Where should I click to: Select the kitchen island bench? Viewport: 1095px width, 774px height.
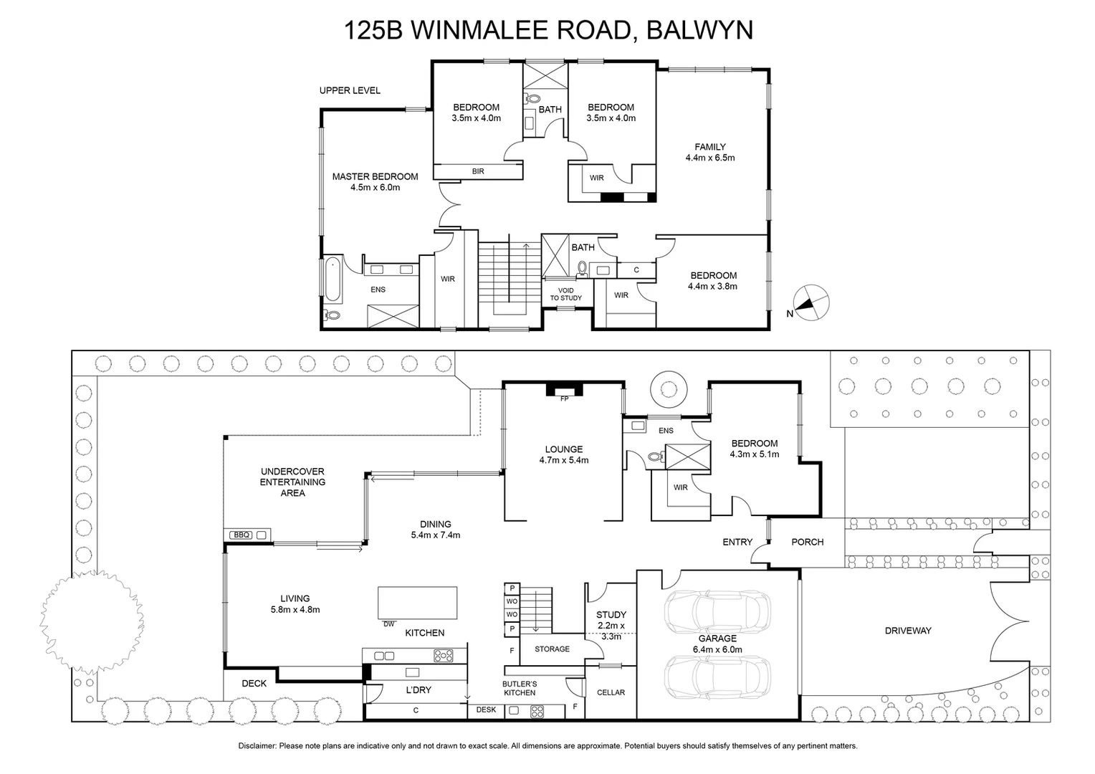417,602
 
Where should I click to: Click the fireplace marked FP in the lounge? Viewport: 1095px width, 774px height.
564,391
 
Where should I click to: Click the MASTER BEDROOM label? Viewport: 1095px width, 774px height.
375,176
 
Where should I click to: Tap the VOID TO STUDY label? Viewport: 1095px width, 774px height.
566,294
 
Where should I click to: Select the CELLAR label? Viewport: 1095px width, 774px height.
611,692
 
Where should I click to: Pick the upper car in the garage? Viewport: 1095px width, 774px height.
717,612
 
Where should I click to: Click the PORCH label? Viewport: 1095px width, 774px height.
807,542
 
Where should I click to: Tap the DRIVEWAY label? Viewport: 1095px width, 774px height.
907,631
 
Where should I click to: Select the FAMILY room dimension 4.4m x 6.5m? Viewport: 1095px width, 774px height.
709,158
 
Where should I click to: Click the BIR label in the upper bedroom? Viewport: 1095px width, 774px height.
478,171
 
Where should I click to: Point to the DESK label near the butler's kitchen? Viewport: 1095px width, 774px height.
486,710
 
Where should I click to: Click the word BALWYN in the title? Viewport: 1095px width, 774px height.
699,30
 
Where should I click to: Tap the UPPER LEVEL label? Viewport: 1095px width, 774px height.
350,90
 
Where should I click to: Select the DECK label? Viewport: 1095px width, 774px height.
254,684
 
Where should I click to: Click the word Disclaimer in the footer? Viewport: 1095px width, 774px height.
257,746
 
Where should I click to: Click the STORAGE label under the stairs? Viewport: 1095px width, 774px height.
552,649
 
